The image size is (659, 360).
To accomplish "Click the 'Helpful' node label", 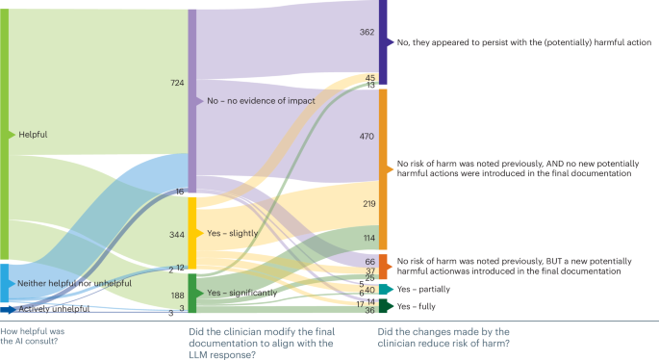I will coord(33,135).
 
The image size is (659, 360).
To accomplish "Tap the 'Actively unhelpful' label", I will coord(53,309).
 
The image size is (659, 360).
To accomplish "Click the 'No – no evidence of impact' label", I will coord(250,101).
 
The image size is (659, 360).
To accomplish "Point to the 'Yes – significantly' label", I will coord(237,293).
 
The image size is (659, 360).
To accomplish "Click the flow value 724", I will coord(176,84).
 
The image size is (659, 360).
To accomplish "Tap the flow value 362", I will coord(367,32).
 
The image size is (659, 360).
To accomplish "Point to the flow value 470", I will coord(367,137).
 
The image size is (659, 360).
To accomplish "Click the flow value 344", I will coord(176,235).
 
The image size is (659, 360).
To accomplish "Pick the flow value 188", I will coord(176,296).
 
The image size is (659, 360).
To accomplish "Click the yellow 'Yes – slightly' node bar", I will coord(191,234).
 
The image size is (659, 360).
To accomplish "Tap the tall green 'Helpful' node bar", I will coord(4,135).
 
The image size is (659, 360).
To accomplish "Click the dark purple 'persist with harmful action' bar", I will coord(383,42).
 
